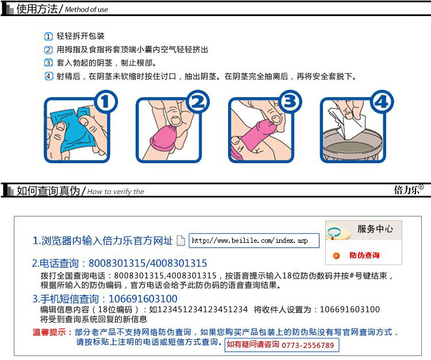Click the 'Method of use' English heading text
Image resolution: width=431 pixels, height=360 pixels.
[86, 10]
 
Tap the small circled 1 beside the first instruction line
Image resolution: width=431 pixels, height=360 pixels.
[48, 36]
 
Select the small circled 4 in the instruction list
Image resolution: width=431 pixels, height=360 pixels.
[48, 76]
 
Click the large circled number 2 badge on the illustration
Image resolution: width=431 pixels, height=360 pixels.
[198, 102]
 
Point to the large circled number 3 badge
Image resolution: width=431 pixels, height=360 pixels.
[290, 102]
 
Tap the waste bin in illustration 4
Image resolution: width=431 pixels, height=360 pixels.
[352, 145]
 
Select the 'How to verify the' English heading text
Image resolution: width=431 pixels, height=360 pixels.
[116, 191]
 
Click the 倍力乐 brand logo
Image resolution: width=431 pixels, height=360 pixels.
[409, 189]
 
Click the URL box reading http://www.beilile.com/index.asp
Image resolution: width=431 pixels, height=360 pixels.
[254, 241]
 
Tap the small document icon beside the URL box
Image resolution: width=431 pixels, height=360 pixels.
[180, 241]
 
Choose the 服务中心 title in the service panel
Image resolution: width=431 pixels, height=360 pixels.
[375, 229]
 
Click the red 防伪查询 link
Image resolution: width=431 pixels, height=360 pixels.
[364, 256]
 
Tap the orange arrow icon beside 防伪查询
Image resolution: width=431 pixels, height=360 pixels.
[336, 256]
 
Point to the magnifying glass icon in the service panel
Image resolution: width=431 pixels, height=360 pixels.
[333, 233]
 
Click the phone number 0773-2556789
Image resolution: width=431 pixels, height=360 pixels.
[307, 346]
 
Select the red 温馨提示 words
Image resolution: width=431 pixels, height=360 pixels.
[49, 332]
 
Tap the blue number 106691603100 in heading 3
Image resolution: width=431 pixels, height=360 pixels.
[143, 299]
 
